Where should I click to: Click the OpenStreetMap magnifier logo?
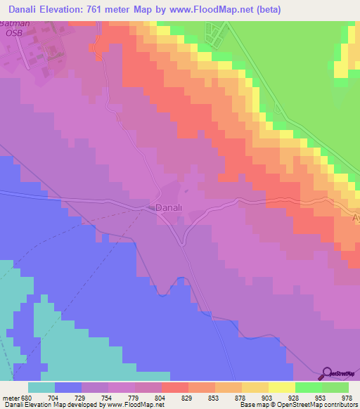click(327, 373)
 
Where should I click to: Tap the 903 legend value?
click(269, 396)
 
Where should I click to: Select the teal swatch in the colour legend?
click(41, 387)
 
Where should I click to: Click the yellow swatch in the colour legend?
click(282, 387)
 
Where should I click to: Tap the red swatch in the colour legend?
click(175, 387)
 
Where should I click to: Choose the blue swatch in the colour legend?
click(68, 387)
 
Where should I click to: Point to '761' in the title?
click(98, 11)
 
